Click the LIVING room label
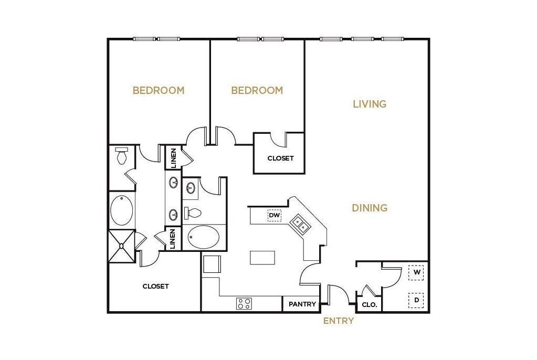click(370, 104)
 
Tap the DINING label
click(370, 208)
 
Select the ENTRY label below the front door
click(338, 321)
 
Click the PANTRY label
click(302, 304)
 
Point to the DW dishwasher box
click(274, 215)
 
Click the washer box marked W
click(416, 273)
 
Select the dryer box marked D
click(416, 300)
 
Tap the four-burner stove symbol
click(244, 303)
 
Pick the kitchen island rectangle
click(262, 258)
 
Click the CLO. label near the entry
click(367, 305)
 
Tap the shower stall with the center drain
click(121, 246)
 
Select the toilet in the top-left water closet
click(122, 156)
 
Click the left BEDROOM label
click(159, 90)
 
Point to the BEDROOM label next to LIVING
click(257, 90)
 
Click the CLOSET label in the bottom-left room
click(156, 287)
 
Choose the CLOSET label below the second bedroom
click(280, 158)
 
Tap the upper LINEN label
click(173, 157)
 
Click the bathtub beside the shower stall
click(122, 210)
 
